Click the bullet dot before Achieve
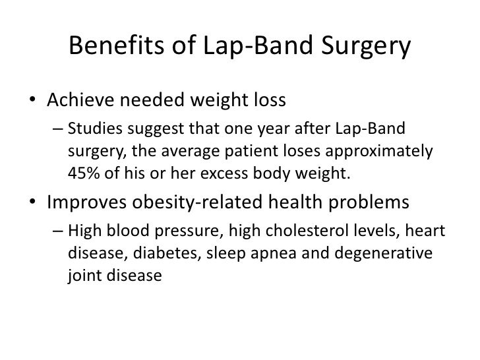(x=32, y=102)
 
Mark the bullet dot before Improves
(x=32, y=203)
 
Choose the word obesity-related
(x=191, y=202)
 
